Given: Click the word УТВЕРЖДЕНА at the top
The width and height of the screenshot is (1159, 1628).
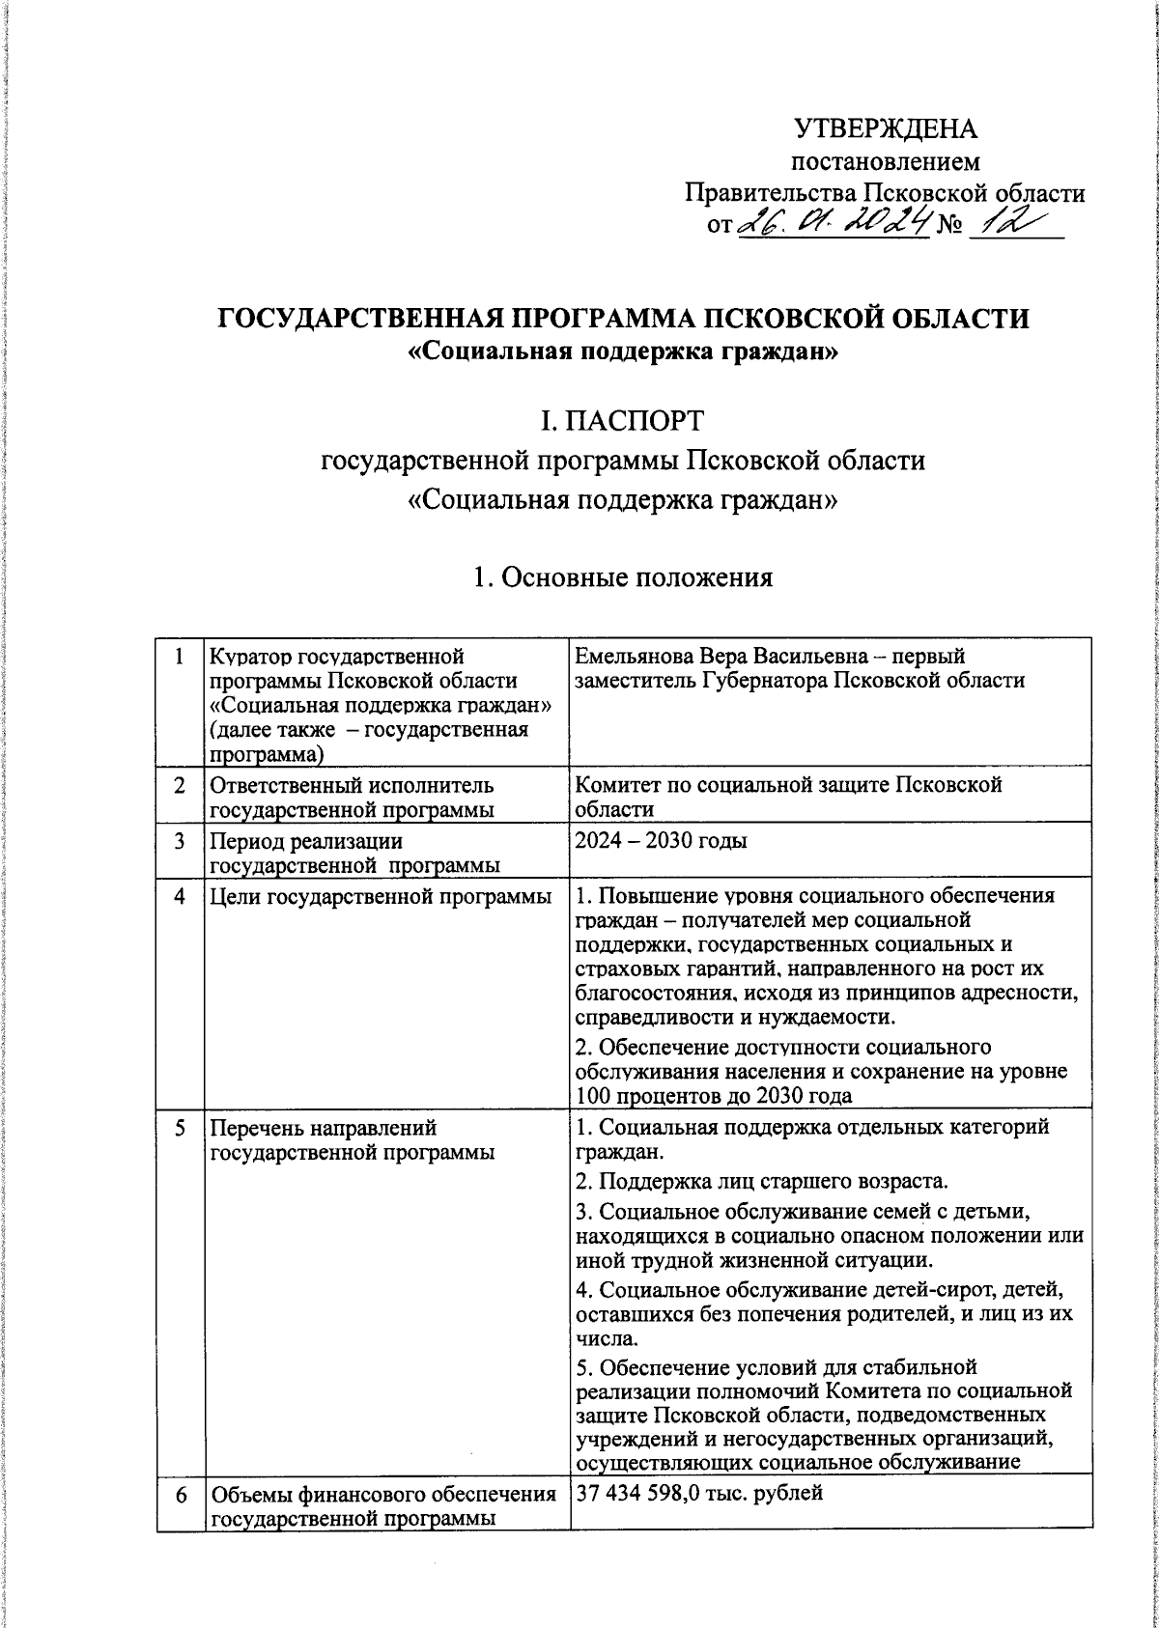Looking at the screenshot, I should click(885, 128).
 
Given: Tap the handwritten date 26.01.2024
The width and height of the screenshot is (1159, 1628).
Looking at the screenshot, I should click(834, 224).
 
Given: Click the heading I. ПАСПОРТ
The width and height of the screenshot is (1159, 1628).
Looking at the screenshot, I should click(623, 420).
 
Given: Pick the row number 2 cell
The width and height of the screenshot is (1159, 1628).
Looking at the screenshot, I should click(180, 786).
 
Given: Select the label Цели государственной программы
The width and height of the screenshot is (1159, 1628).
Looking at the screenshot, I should click(381, 896).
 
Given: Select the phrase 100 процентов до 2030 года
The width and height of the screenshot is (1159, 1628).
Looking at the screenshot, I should click(714, 1095).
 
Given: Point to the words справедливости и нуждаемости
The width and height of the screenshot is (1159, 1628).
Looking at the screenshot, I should click(734, 1018).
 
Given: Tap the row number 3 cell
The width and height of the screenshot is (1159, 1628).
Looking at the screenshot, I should click(180, 841).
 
